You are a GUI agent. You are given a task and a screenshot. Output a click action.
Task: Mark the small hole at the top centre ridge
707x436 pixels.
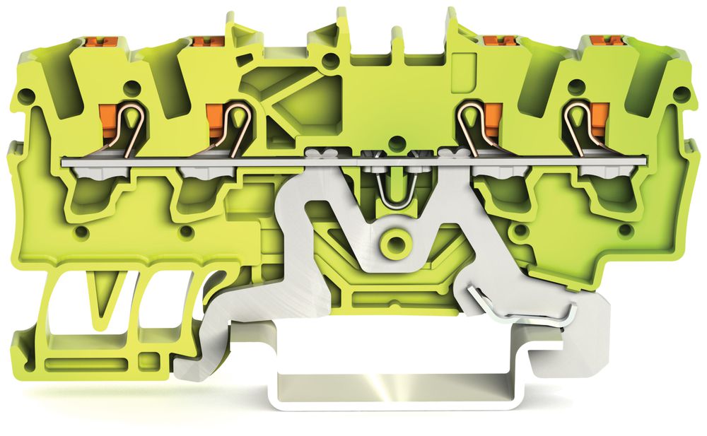tap(326, 61)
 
